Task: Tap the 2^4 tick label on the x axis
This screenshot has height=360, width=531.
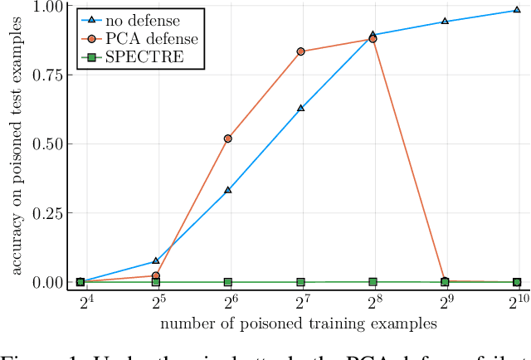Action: pyautogui.click(x=80, y=303)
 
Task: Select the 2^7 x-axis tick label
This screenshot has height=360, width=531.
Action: pyautogui.click(x=300, y=303)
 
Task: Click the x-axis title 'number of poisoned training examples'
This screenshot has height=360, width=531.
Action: pyautogui.click(x=298, y=323)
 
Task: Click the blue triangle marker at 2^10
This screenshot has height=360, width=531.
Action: pyautogui.click(x=517, y=11)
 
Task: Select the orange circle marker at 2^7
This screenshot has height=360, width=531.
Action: pyautogui.click(x=300, y=51)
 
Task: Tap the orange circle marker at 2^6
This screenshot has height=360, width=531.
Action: pyautogui.click(x=228, y=139)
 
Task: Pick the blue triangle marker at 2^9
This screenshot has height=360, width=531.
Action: pyautogui.click(x=445, y=22)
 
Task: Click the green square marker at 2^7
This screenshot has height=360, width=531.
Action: pyautogui.click(x=300, y=282)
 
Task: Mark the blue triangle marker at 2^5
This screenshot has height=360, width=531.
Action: pyautogui.click(x=156, y=261)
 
